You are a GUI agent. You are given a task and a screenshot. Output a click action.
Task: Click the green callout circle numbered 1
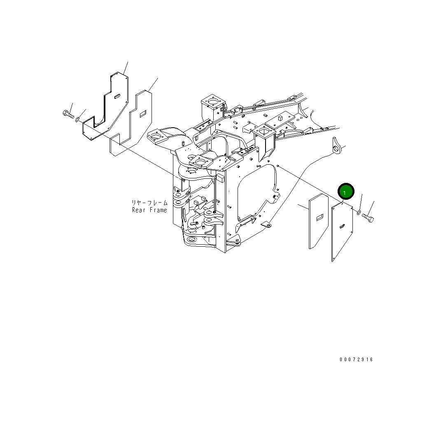click(x=345, y=192)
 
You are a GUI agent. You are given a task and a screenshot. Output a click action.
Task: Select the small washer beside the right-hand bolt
click(x=358, y=212)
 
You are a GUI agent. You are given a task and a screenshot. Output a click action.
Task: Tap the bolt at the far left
click(x=68, y=115)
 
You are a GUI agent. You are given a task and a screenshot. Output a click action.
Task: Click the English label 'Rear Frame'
click(x=149, y=210)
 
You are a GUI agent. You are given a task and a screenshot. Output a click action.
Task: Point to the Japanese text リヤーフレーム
click(x=149, y=203)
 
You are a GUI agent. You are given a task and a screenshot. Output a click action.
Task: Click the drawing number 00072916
click(x=356, y=360)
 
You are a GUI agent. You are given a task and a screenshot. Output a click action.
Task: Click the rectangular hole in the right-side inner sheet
click(x=319, y=218)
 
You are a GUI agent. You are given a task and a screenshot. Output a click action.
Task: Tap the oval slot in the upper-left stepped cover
click(x=117, y=96)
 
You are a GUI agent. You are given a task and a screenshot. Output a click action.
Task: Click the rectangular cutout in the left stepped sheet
click(x=142, y=114)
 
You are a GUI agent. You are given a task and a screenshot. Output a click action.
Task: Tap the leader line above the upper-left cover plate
click(x=126, y=68)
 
